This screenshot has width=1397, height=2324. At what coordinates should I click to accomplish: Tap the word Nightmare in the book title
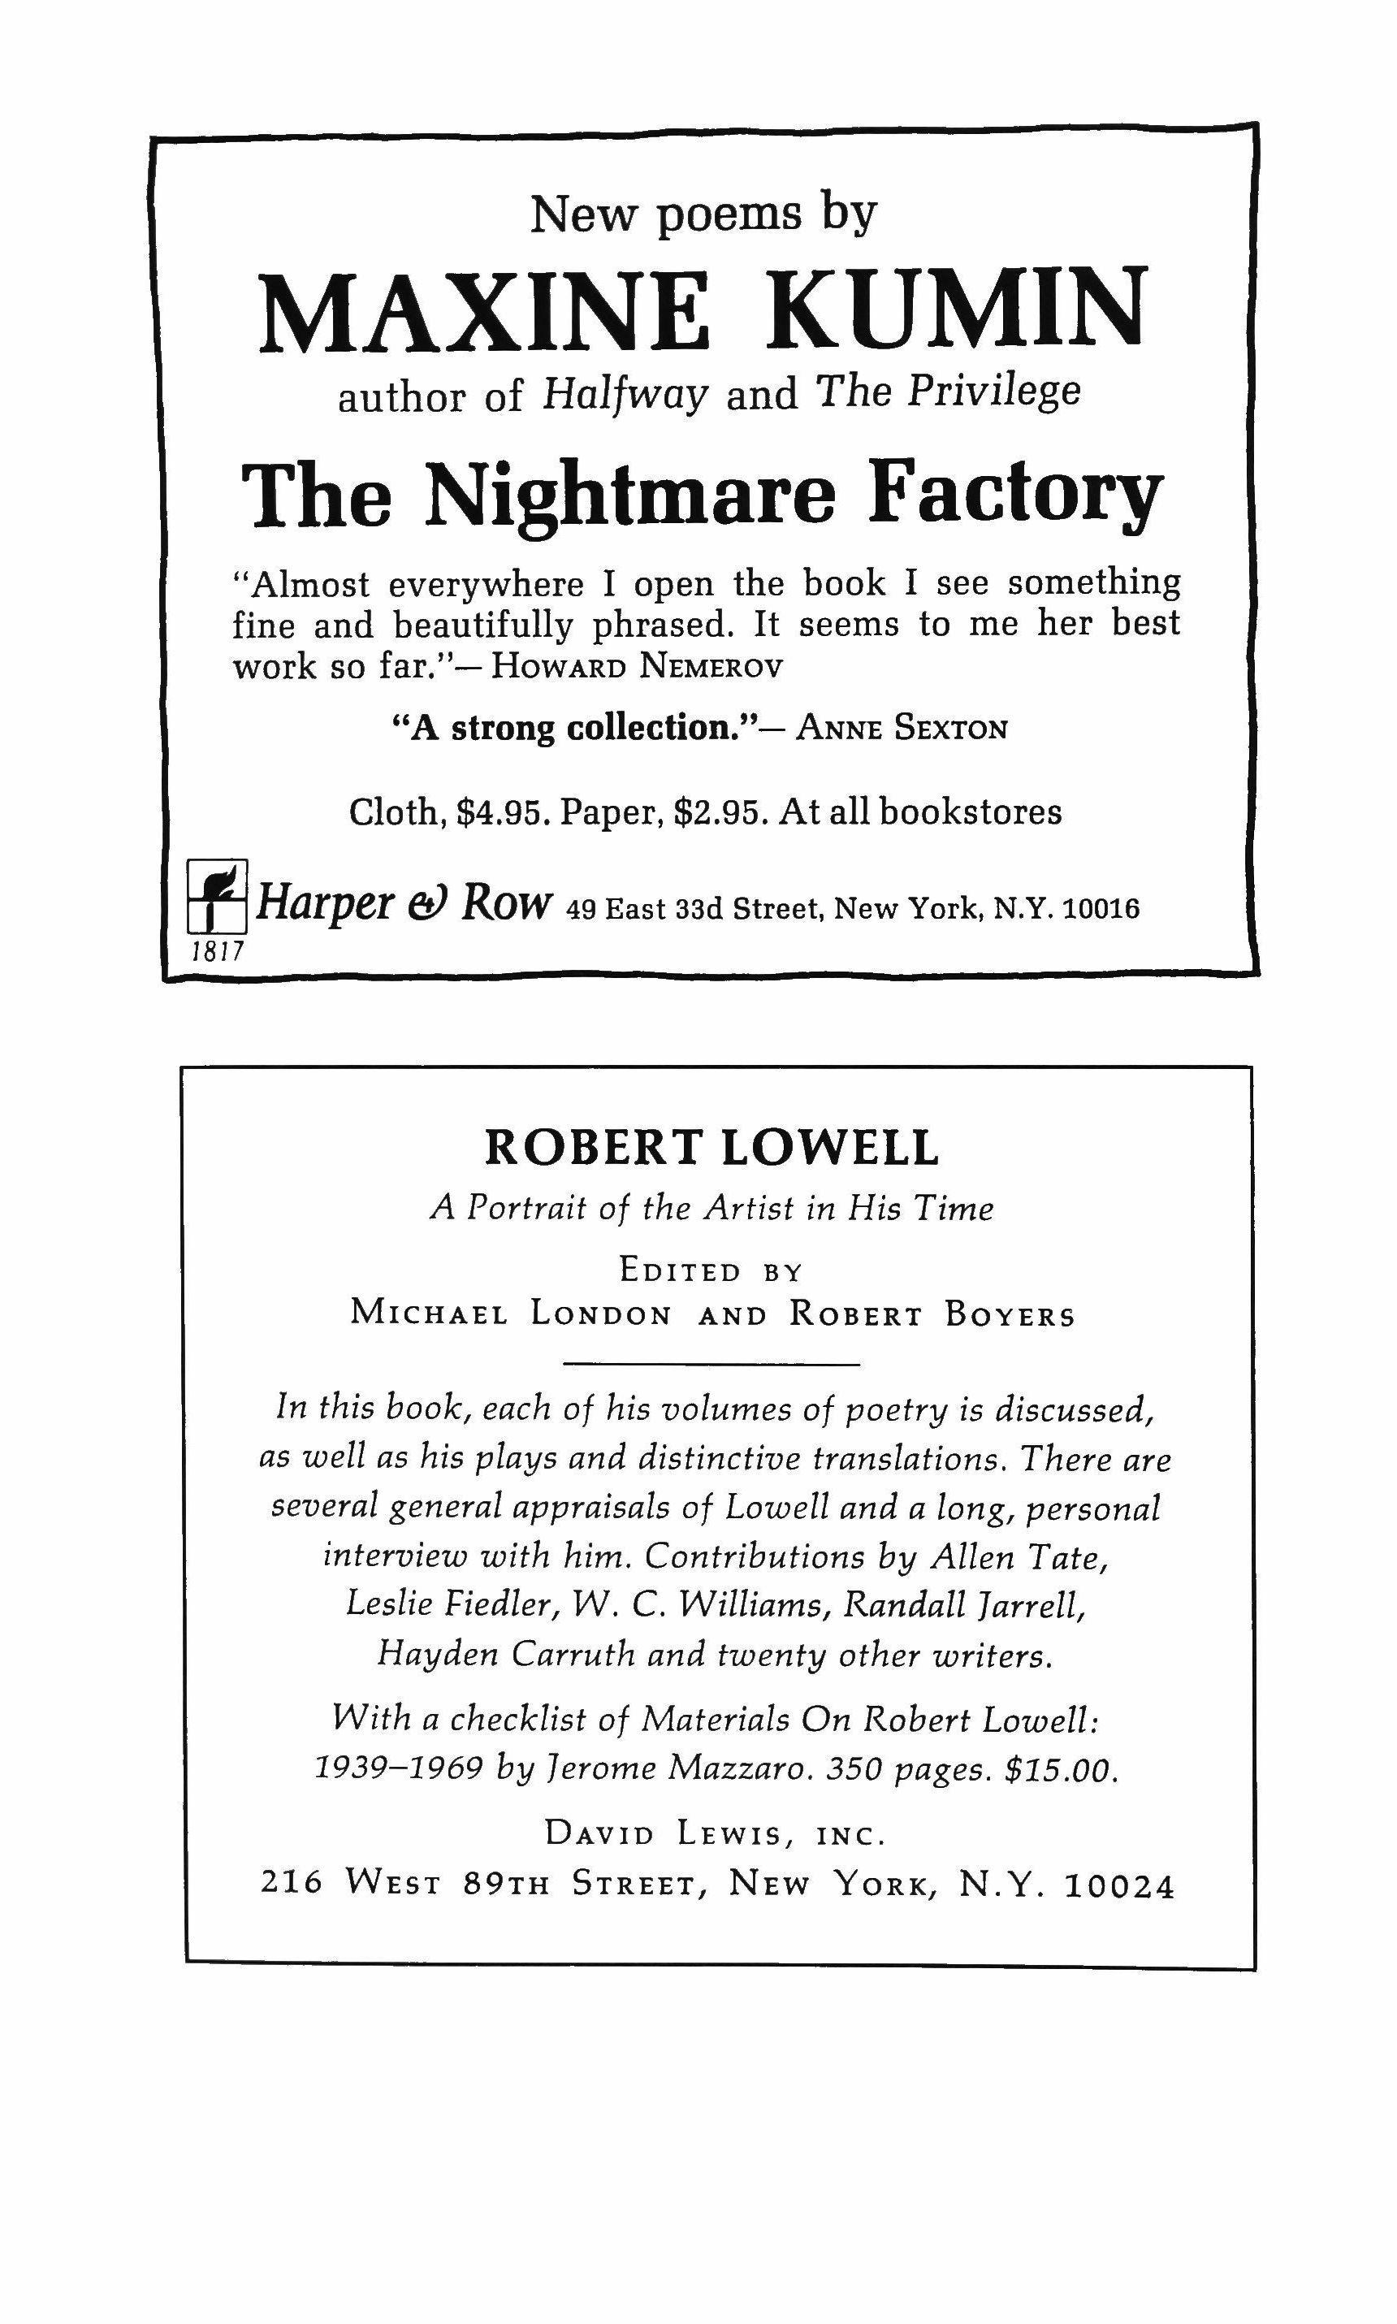tap(629, 496)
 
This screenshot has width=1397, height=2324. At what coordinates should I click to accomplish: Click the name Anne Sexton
tap(901, 729)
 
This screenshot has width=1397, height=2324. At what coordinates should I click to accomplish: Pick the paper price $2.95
tap(717, 811)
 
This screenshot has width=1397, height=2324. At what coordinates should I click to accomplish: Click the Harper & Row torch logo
tap(217, 896)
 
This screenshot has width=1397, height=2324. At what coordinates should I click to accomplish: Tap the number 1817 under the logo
tap(218, 952)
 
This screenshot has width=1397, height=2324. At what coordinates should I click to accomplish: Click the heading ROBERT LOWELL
tap(711, 1148)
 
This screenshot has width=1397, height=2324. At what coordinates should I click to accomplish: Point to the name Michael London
tap(511, 1313)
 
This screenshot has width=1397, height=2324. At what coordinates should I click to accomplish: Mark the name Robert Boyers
tap(932, 1313)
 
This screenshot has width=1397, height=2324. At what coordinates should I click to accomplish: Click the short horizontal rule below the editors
tap(711, 1363)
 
